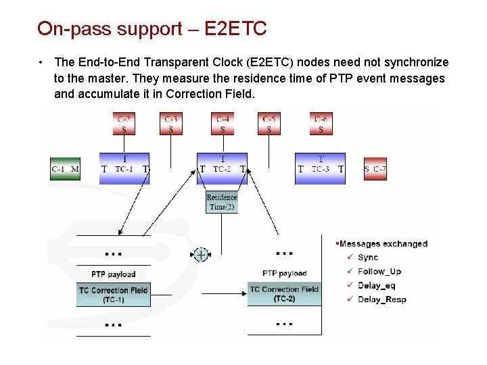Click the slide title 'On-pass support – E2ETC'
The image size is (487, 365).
[152, 28]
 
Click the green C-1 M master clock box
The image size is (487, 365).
[66, 169]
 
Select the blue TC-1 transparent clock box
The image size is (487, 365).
[124, 168]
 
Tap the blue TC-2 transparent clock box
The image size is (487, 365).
[223, 168]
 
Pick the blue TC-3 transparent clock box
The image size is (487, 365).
[321, 168]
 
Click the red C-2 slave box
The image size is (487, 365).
[123, 124]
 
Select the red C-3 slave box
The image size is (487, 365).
[171, 124]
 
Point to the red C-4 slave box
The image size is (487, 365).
[223, 124]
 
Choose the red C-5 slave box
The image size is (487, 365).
[269, 124]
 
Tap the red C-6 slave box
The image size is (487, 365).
[321, 124]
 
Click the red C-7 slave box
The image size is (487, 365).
[375, 169]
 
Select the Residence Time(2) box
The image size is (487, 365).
[222, 202]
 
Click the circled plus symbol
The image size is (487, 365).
[201, 254]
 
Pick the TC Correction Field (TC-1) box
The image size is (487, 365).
[113, 295]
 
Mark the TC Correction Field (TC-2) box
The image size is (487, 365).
[284, 294]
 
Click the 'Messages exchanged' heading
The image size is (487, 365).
[383, 244]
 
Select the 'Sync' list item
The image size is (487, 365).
[368, 258]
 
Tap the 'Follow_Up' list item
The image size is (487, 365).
[379, 272]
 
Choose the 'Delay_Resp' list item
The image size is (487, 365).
[381, 299]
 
